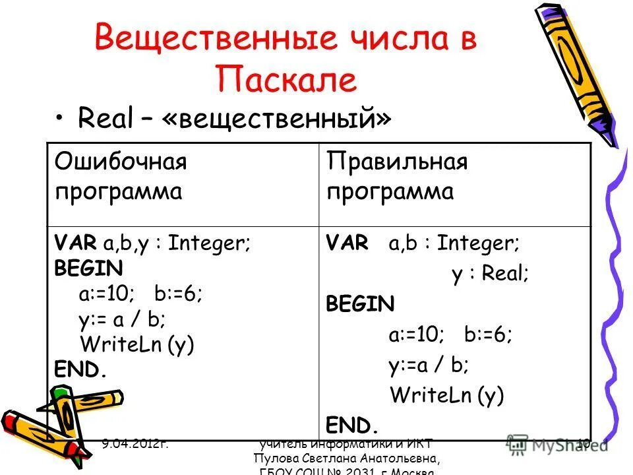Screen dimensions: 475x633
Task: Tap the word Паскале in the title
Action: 286,80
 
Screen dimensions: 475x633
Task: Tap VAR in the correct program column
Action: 347,243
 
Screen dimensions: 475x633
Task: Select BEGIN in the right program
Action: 360,304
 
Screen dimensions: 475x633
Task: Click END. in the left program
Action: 80,370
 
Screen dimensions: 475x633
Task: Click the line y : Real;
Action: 490,274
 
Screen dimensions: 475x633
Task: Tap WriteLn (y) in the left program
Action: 136,344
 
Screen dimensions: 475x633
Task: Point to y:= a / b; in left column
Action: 122,319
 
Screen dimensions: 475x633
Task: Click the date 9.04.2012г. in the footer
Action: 135,445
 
